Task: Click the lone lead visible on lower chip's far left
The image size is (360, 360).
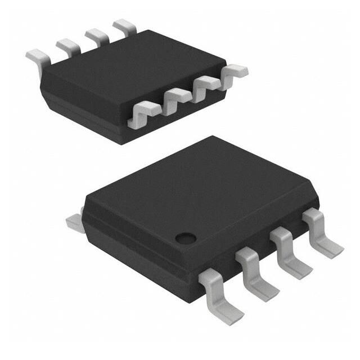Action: pyautogui.click(x=74, y=221)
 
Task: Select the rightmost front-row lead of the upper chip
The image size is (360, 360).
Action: pyautogui.click(x=233, y=71)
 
